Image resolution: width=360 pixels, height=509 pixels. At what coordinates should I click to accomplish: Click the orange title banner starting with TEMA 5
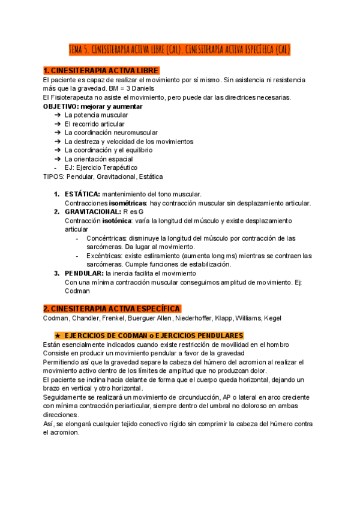point(179,49)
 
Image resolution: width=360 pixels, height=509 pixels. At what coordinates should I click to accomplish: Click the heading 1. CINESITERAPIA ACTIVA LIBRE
point(101,71)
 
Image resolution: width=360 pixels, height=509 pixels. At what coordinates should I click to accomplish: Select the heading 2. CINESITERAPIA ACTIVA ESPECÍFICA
point(112,309)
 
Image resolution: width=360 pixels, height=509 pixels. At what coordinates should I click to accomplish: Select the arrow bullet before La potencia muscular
point(56,115)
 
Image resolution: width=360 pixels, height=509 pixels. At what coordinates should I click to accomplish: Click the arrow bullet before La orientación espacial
point(56,159)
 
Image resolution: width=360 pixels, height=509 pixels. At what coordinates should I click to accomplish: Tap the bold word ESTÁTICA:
point(83,194)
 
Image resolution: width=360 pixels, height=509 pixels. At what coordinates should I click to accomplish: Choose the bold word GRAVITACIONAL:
point(92,212)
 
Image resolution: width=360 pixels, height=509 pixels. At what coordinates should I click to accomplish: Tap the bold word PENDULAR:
point(84,274)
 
